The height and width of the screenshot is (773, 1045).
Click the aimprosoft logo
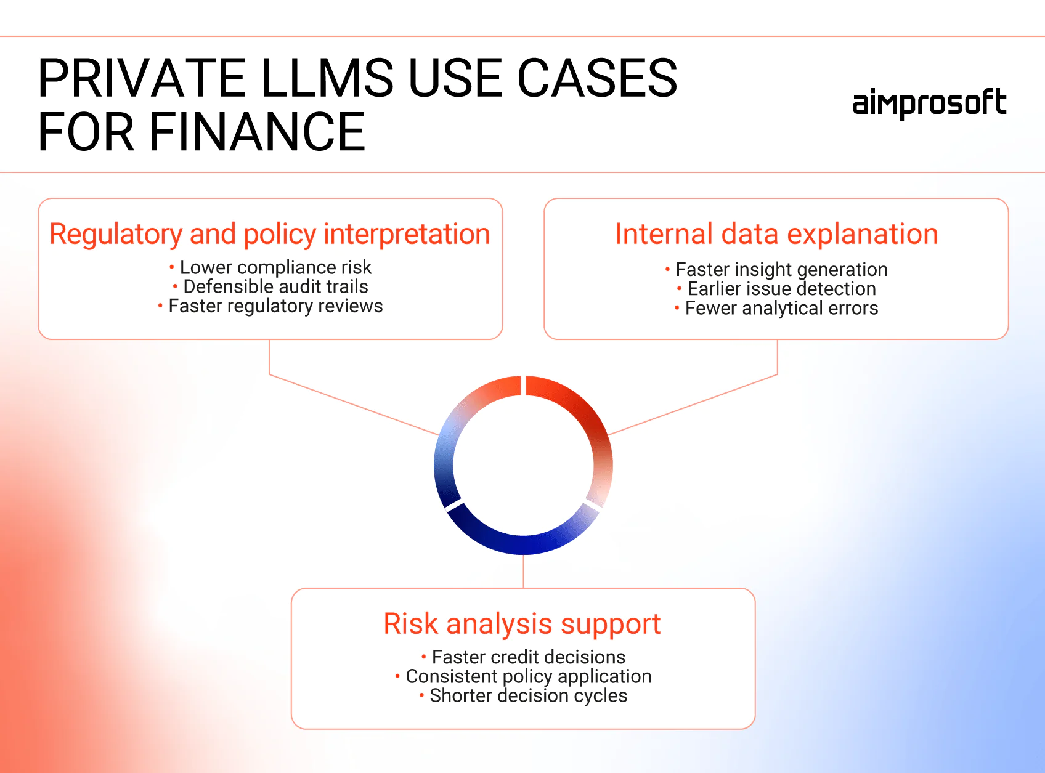click(x=929, y=103)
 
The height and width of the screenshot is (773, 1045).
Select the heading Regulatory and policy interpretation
click(x=269, y=234)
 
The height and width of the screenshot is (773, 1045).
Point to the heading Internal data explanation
click(x=776, y=234)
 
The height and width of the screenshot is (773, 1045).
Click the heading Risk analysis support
click(x=522, y=624)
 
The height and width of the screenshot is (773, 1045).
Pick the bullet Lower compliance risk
click(x=270, y=267)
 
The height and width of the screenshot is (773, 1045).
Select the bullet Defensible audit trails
click(x=270, y=286)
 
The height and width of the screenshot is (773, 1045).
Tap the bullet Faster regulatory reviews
click(x=270, y=306)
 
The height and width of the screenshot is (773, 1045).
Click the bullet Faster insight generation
click(x=776, y=269)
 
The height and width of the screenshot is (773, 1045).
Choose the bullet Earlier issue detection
click(x=776, y=289)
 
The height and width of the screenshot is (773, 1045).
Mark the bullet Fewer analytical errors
click(x=776, y=308)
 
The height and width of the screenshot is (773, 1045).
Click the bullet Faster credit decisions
click(x=523, y=657)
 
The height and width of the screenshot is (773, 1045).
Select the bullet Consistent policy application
click(x=523, y=676)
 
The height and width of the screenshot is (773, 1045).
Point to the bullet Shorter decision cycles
click(x=523, y=696)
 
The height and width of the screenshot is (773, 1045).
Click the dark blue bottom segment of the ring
click(x=522, y=545)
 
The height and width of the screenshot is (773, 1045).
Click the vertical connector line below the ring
click(x=523, y=572)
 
